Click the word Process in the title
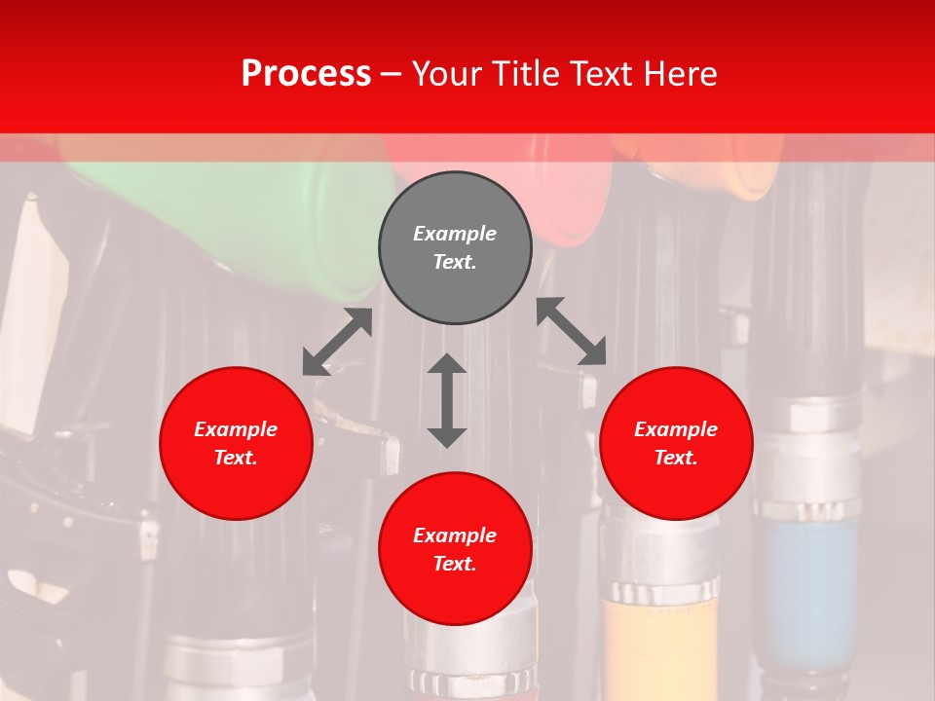click(306, 73)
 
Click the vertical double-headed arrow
click(447, 400)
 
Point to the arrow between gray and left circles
click(337, 342)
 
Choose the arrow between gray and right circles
click(572, 331)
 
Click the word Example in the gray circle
click(455, 234)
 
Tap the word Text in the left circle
click(236, 458)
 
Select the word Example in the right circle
click(676, 429)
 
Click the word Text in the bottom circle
click(455, 564)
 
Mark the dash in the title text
click(391, 74)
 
